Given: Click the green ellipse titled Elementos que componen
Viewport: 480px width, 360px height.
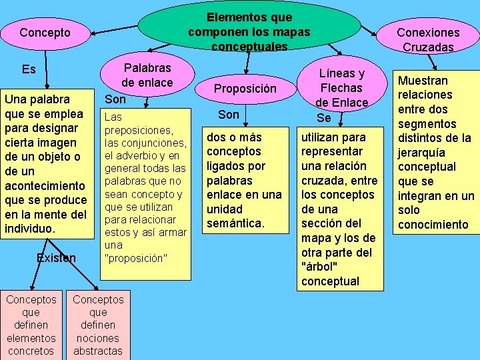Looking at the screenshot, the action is (249, 31).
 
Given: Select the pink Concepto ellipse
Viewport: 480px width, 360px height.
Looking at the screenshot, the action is (45, 33).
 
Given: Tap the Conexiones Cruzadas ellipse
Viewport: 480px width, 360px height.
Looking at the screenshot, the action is (428, 39).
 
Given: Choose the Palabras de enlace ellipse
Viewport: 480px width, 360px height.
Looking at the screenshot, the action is (147, 75).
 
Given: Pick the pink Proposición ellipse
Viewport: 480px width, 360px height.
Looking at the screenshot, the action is (245, 89).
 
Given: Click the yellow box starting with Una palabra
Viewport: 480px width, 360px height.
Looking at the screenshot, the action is (45, 163).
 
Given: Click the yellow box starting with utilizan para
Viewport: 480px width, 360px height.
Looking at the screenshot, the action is (339, 209).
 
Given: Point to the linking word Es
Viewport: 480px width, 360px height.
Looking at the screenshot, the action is (29, 69).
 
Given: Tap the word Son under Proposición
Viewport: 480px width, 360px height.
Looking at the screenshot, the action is (228, 115).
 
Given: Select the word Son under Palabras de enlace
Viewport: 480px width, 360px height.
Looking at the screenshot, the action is (115, 99).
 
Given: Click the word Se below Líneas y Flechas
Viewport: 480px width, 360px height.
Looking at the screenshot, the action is (324, 118).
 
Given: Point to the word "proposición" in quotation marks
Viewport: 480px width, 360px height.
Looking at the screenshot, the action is (136, 258).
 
